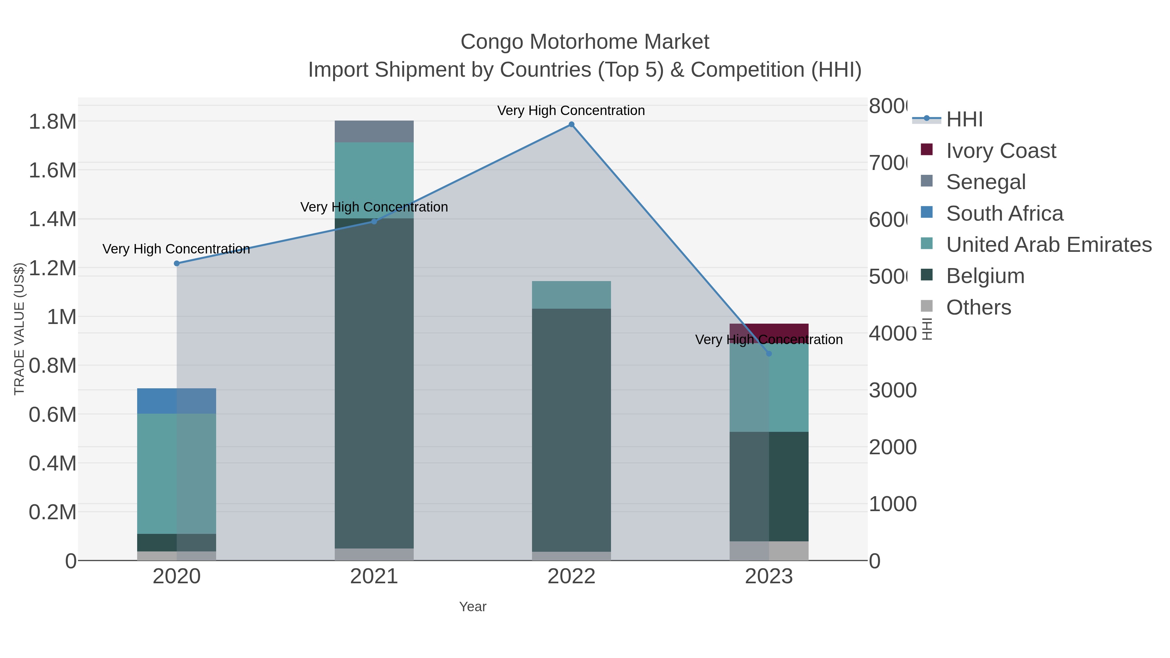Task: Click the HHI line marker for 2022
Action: click(571, 124)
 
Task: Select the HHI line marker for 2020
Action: click(177, 264)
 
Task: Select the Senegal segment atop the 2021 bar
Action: click(374, 131)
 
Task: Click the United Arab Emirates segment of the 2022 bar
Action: click(571, 295)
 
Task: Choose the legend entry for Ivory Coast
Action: click(1001, 151)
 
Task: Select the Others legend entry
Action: click(978, 307)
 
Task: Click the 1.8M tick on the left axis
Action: click(52, 122)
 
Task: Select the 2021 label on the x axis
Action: click(374, 576)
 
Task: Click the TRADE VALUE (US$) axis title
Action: click(19, 329)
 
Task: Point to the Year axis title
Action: click(472, 607)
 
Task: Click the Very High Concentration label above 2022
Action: click(571, 110)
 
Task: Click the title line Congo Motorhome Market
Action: click(585, 42)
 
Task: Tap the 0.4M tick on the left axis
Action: click(52, 464)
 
